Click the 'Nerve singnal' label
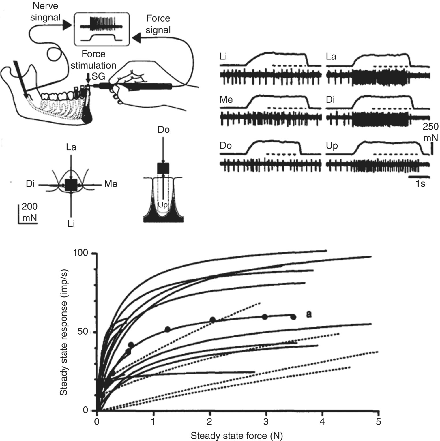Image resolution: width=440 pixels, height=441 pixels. pos(45,12)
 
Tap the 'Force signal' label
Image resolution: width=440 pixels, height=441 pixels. pos(158,24)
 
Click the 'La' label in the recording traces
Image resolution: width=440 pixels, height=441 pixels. pos(331,57)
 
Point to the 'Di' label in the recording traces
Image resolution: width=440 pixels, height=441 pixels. pos(331,100)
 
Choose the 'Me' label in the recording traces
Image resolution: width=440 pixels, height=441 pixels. pos(226,100)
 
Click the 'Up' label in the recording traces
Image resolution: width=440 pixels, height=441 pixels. pos(332,146)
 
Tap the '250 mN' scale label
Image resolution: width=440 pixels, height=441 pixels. pos(430,132)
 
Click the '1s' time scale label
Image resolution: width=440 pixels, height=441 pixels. pos(420,183)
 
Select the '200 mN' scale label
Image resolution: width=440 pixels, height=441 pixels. pos(29,212)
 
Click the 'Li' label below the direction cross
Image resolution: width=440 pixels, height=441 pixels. pos(71,224)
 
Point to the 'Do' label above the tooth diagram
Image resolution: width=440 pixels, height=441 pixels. pos(163,130)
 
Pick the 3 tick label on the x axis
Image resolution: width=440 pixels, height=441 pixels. pos(266,422)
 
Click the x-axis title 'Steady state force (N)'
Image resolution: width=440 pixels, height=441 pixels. pos(237,435)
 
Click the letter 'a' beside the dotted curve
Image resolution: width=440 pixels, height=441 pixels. pos(309,314)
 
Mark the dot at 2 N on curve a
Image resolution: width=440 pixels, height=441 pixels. pos(213,320)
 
